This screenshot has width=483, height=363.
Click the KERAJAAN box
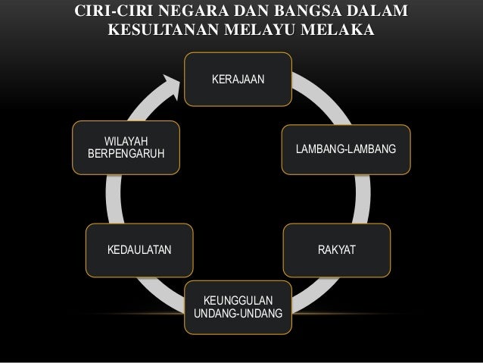pos(238,79)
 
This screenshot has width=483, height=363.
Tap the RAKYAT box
pos(338,249)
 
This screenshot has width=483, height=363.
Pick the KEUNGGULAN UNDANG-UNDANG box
pos(238,305)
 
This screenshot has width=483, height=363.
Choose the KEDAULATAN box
pos(139,249)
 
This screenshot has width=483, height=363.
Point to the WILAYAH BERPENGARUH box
pos(126,149)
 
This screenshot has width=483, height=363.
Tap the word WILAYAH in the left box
pos(126,142)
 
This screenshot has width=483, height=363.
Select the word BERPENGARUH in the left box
pos(126,155)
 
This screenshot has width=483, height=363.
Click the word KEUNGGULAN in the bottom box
pos(238,299)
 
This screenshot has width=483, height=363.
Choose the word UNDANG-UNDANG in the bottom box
pos(238,313)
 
